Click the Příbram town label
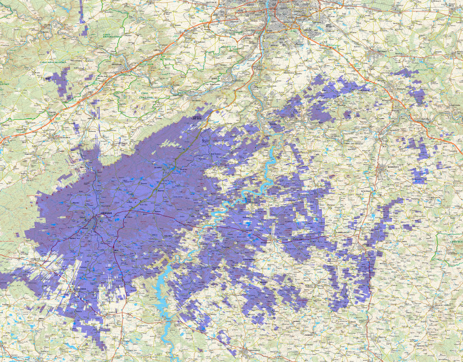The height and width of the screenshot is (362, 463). click(x=104, y=213)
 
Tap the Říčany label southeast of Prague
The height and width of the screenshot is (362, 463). click(x=381, y=50)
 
